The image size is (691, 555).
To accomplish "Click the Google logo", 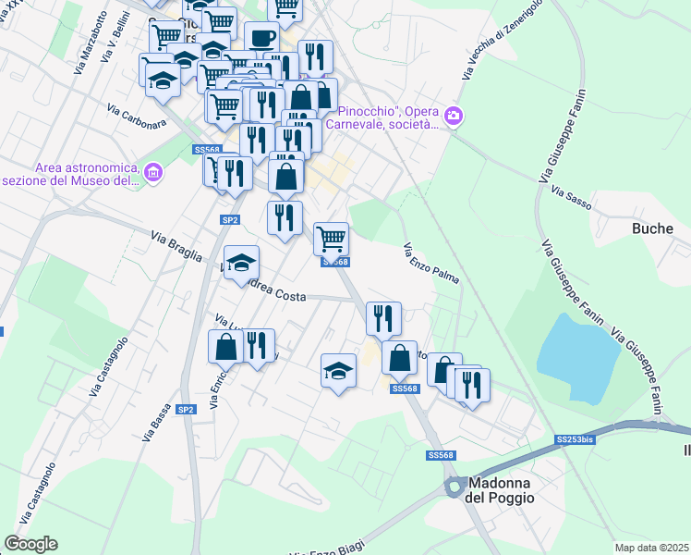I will click(x=30, y=544).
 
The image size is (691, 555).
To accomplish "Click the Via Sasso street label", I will click(x=570, y=191).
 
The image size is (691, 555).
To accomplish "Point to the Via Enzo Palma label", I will click(x=431, y=264).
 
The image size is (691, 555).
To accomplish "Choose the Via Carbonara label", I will click(x=137, y=117).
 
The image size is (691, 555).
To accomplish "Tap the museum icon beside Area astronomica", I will click(x=153, y=171).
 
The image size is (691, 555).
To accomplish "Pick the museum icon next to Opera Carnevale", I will click(x=454, y=116).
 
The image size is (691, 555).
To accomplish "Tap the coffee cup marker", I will click(x=261, y=39).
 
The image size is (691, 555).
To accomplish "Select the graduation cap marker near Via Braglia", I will click(x=241, y=262).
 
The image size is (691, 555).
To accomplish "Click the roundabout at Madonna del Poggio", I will click(x=454, y=487).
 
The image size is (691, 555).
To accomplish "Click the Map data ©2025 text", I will click(x=650, y=547).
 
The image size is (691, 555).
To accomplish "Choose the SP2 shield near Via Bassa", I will click(x=186, y=409).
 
